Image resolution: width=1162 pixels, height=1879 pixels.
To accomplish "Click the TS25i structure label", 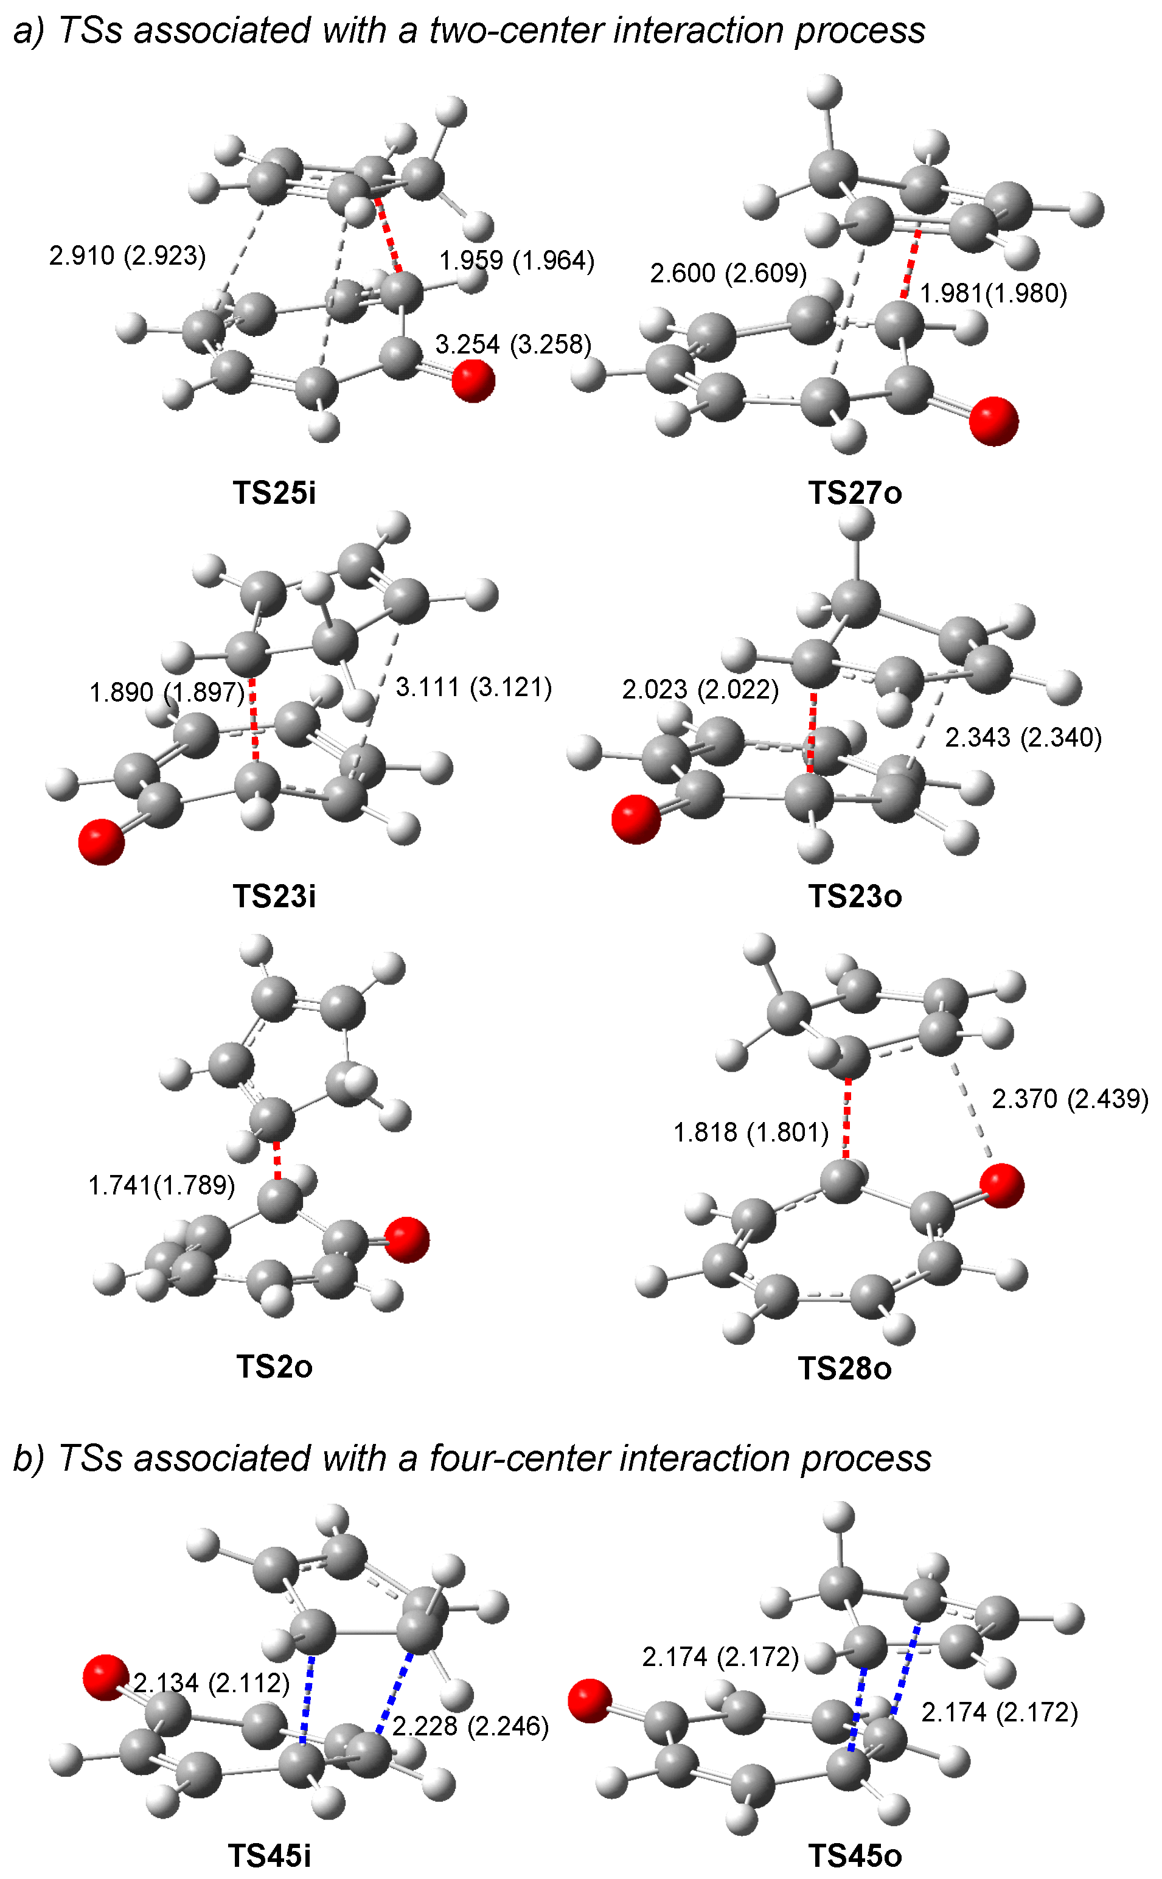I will click(274, 493).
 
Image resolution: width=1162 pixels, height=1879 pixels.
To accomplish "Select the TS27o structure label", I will click(855, 493).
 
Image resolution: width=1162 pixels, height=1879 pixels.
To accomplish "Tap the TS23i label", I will click(274, 896).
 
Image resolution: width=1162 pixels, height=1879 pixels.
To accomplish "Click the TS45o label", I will click(855, 1855).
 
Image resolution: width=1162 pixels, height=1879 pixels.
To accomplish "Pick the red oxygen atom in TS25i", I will click(473, 380).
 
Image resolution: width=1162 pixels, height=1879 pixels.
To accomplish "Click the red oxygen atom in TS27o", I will click(993, 421).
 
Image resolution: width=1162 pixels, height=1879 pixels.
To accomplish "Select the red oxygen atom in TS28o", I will click(1002, 1186).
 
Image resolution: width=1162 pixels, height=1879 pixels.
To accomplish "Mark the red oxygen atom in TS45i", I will click(105, 1677).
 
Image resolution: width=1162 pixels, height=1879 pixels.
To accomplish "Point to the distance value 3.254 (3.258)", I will click(513, 344).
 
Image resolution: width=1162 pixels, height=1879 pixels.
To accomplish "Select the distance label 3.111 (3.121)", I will click(473, 687).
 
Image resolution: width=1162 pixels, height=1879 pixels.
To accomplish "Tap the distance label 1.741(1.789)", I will click(161, 1185).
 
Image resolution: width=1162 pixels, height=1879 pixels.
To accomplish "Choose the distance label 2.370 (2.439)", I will click(1070, 1099).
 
